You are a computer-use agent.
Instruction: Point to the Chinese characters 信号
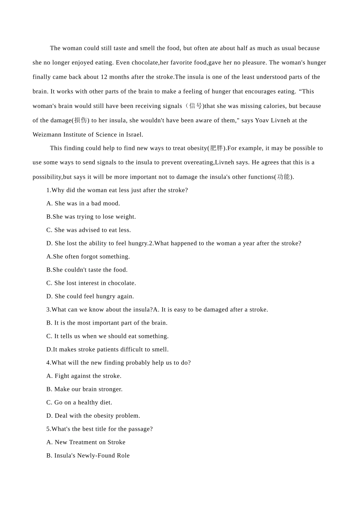pyautogui.click(x=196, y=106)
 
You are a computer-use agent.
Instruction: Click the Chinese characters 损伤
pyautogui.click(x=80, y=120)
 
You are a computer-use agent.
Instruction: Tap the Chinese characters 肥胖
pyautogui.click(x=216, y=148)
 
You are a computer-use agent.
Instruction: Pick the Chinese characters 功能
pyautogui.click(x=283, y=177)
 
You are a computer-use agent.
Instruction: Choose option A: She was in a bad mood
pyautogui.click(x=83, y=203)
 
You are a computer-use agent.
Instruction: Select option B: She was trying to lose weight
pyautogui.click(x=91, y=217)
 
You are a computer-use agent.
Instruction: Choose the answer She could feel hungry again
pyautogui.click(x=90, y=296)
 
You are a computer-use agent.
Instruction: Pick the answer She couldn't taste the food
pyautogui.click(x=87, y=270)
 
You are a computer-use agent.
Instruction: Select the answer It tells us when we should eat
pyautogui.click(x=108, y=336)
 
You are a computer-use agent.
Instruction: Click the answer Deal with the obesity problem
pyautogui.click(x=93, y=415)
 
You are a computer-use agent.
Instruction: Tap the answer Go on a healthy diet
pyautogui.click(x=79, y=402)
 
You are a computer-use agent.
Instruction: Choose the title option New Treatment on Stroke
pyautogui.click(x=86, y=442)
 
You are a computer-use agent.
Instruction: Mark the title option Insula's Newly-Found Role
pyautogui.click(x=88, y=455)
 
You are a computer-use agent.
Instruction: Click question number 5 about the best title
pyautogui.click(x=49, y=429)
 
